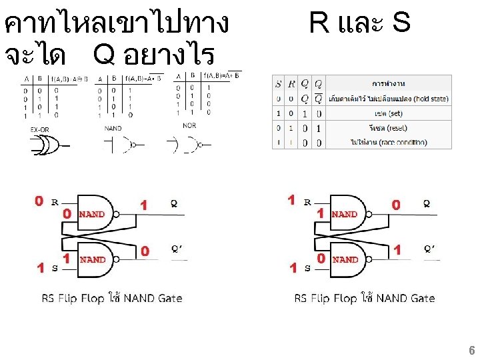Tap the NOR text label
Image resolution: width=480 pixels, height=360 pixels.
[x=189, y=126]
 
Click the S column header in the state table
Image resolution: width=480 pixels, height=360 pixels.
[x=278, y=84]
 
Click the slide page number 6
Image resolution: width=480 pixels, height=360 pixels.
[x=471, y=350]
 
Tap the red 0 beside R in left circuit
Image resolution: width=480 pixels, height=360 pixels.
[x=39, y=201]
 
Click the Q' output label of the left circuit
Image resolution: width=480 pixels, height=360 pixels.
[x=176, y=249]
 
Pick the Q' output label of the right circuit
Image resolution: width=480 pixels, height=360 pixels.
[x=430, y=249]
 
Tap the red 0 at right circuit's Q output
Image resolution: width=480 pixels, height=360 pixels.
[x=396, y=205]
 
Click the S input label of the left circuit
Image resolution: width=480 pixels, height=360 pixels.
[x=55, y=267]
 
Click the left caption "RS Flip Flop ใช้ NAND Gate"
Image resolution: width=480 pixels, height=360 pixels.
[x=112, y=298]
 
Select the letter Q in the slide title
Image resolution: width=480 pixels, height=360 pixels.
[x=105, y=55]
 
